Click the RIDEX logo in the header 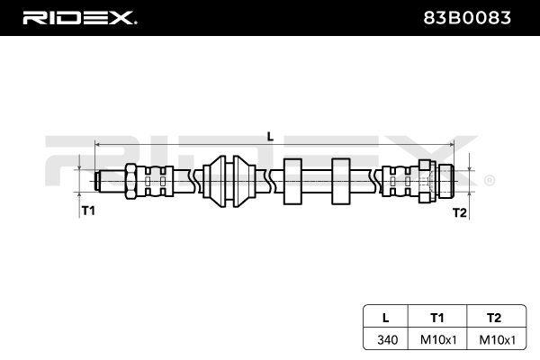(x=78, y=17)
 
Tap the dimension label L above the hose (x=270, y=135)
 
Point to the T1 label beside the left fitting (x=88, y=211)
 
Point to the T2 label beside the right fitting (x=459, y=212)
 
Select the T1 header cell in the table (x=437, y=317)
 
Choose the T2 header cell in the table (x=492, y=317)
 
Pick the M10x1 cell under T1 (x=437, y=340)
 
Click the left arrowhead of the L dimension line (x=97, y=144)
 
